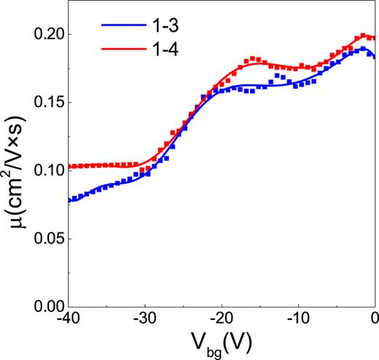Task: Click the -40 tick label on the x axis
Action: tap(67, 319)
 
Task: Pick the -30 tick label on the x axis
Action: tap(144, 319)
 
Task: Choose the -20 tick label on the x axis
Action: tap(222, 319)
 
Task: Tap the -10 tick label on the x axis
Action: tap(298, 319)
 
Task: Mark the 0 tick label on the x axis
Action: tap(374, 319)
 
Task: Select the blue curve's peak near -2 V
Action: tap(362, 49)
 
